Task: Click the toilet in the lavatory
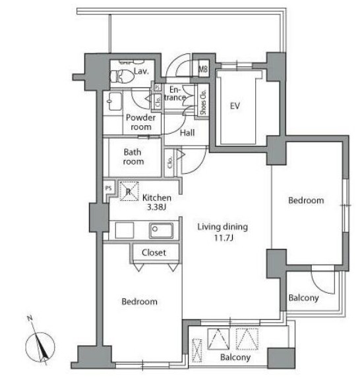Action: pos(122,76)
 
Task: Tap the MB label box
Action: pos(203,69)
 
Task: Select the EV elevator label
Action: pos(235,106)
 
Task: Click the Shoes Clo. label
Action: pos(203,102)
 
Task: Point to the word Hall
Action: pos(187,133)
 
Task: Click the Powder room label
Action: pos(141,122)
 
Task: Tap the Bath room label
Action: pos(133,157)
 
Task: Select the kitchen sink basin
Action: pos(161,230)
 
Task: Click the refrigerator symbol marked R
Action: pos(129,192)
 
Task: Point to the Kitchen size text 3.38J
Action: pos(157,207)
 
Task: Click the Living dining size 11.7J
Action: pos(224,238)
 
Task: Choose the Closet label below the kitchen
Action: pos(154,252)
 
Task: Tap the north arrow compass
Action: pos(40,347)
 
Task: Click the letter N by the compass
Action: pos(30,318)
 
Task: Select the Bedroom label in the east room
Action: pos(306,200)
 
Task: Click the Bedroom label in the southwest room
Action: pos(140,302)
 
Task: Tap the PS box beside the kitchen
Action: pos(109,188)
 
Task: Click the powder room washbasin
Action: pos(115,101)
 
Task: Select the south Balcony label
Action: pos(235,358)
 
